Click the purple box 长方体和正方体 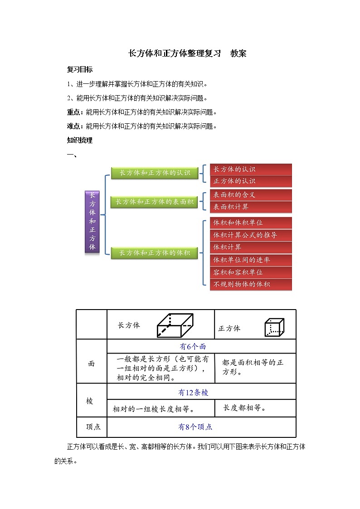click(92, 221)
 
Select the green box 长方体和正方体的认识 click(155, 173)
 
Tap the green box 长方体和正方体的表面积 click(155, 202)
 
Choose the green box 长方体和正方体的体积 click(155, 253)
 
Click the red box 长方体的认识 click(251, 169)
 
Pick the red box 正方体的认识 click(251, 181)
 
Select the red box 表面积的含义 click(251, 195)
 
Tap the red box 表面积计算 click(251, 207)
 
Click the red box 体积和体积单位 click(251, 223)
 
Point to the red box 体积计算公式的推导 click(251, 235)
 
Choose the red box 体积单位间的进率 click(251, 260)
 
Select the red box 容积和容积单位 click(251, 272)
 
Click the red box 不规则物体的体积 click(251, 285)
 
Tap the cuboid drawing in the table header click(175, 325)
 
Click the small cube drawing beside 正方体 click(274, 327)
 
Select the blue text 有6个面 click(193, 347)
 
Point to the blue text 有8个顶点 click(195, 427)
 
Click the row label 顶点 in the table click(93, 427)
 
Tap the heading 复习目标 click(80, 70)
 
